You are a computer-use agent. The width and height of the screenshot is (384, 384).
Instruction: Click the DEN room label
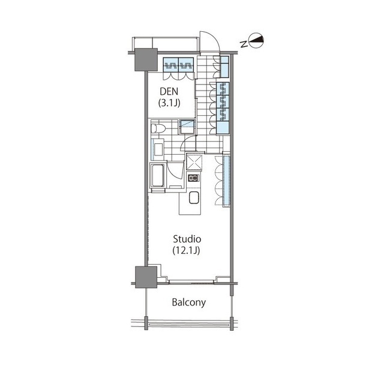tap(169, 92)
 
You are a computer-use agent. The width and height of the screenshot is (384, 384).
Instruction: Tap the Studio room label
tap(187, 239)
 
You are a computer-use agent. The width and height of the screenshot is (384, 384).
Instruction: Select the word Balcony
tap(189, 302)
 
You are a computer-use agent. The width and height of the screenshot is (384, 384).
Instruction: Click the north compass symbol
tap(256, 41)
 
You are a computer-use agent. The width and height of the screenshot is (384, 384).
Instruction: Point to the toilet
tap(157, 128)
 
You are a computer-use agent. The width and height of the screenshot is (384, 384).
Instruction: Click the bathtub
tap(157, 176)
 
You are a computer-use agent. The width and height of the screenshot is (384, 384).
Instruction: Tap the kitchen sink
tap(194, 197)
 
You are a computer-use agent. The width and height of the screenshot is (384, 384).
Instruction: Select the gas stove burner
tap(193, 178)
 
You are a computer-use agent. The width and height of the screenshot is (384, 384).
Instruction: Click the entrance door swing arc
tap(212, 38)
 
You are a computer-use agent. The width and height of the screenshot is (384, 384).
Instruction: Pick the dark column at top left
tap(146, 59)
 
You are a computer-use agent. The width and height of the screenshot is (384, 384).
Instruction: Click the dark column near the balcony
tap(146, 277)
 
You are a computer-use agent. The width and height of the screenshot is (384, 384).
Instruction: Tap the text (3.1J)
tap(169, 103)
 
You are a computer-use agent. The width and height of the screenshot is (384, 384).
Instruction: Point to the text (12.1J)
tap(187, 250)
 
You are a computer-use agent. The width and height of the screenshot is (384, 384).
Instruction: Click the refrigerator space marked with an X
tap(194, 161)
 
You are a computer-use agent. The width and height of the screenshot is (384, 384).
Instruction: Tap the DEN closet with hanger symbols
tap(179, 65)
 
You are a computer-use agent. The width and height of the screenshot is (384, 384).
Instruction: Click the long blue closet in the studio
tap(226, 181)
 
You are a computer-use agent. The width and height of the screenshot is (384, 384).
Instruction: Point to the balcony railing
tap(189, 325)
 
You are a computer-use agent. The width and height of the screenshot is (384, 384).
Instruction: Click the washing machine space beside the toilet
tap(188, 127)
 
